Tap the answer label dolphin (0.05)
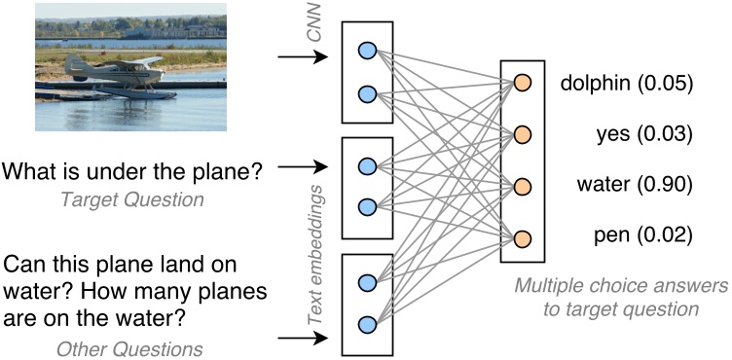[x=627, y=85]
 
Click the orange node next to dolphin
[x=523, y=83]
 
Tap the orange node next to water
[x=523, y=186]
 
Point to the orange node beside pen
[x=523, y=237]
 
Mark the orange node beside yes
[x=523, y=134]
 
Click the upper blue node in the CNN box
[x=366, y=51]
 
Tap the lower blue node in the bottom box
[x=366, y=324]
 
